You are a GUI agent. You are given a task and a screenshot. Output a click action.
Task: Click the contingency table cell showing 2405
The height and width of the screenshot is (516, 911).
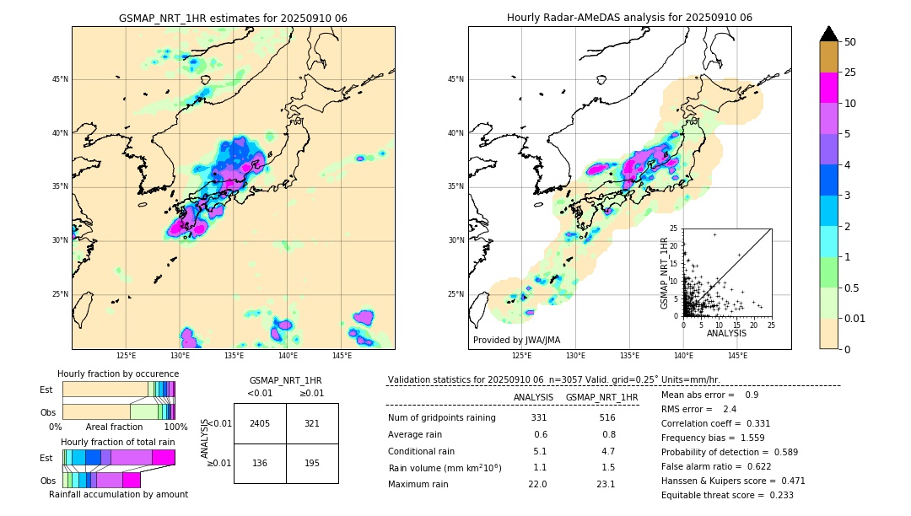pos(260,423)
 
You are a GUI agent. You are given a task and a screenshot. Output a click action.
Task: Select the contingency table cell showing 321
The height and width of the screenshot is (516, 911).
pos(312,423)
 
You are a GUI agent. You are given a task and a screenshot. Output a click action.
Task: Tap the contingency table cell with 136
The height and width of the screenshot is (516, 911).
pos(260,463)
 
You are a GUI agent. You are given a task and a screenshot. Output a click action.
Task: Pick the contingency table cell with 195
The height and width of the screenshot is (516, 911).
pos(312,463)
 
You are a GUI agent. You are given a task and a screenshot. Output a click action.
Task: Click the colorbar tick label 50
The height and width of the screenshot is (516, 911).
pos(851,42)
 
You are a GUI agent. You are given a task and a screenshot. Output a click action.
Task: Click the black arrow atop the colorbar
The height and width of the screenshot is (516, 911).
pos(829,34)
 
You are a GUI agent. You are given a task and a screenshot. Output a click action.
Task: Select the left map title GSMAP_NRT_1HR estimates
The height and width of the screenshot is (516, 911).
pos(233,18)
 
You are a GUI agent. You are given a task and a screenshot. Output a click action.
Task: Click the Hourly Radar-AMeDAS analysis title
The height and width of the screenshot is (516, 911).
pos(629,18)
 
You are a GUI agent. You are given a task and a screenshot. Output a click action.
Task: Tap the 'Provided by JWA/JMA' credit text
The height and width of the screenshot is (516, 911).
pos(516,340)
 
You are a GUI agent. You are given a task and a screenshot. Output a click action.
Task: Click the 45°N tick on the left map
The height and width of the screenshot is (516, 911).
pos(60,79)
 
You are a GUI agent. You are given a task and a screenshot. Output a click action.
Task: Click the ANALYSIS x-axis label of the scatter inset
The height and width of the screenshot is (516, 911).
pos(726,333)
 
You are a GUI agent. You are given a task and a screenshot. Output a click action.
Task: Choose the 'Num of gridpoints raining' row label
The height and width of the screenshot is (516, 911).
pos(442,417)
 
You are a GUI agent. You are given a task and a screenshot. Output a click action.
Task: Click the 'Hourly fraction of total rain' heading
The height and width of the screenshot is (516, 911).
pos(118,442)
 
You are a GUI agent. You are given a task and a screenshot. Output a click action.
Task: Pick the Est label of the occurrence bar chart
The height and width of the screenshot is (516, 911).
pos(46,390)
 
